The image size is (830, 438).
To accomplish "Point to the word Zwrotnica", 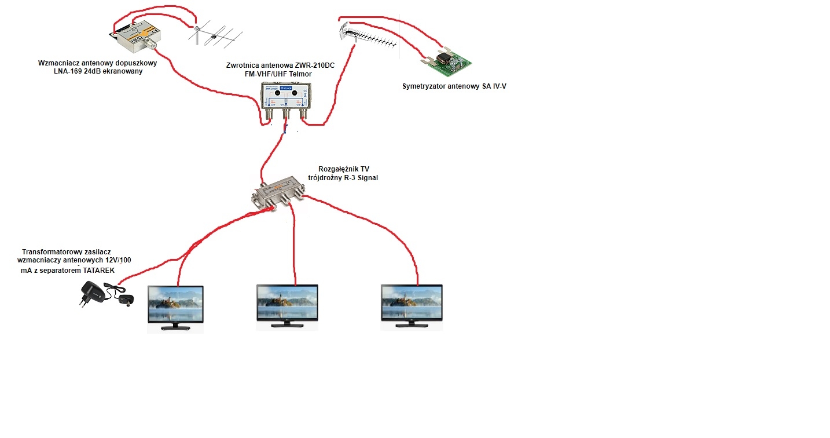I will [x=245, y=65].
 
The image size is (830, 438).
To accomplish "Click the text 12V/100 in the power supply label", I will [x=116, y=261].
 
